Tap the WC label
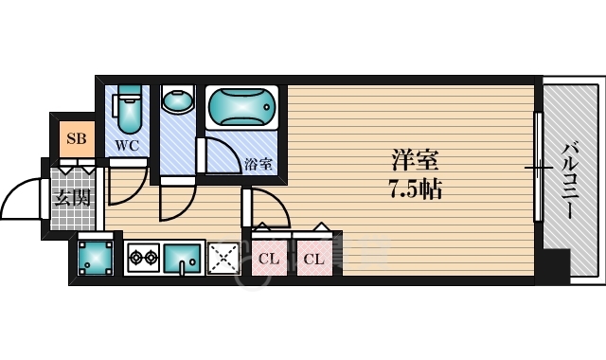point(127,145)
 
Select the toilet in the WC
point(129,109)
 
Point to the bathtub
point(241,109)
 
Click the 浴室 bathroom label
point(258,163)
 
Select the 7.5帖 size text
point(413,188)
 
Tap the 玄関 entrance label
point(71,198)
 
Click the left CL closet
point(268,257)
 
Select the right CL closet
point(313,257)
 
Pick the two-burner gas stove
point(143,256)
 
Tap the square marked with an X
point(223,256)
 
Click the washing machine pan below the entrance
point(95,255)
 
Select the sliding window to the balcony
point(538,171)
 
